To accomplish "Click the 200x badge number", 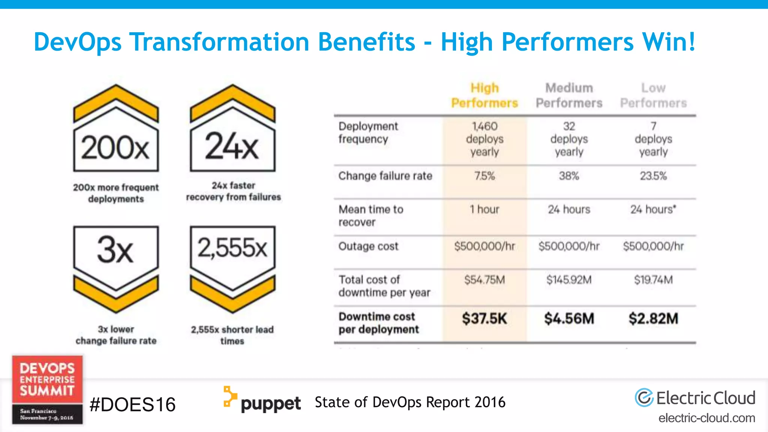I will click(x=115, y=148).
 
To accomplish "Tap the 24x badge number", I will click(x=232, y=146).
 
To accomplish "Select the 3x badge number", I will click(x=115, y=250).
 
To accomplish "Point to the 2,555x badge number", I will click(x=232, y=248).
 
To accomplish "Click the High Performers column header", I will click(x=484, y=95).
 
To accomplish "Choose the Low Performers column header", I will click(x=653, y=95).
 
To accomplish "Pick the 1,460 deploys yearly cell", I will click(x=484, y=139).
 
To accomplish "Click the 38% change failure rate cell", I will click(x=569, y=176).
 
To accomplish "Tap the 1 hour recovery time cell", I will click(x=484, y=209).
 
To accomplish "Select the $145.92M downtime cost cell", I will click(x=569, y=280).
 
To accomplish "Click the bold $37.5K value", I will click(x=484, y=319).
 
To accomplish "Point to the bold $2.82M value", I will click(x=653, y=319).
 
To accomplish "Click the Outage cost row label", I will click(x=368, y=246).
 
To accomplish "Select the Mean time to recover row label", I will click(x=371, y=216).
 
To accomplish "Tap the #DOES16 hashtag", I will click(x=133, y=405).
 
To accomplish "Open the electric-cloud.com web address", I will click(x=707, y=418).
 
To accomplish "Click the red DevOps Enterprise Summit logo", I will click(x=47, y=389).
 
